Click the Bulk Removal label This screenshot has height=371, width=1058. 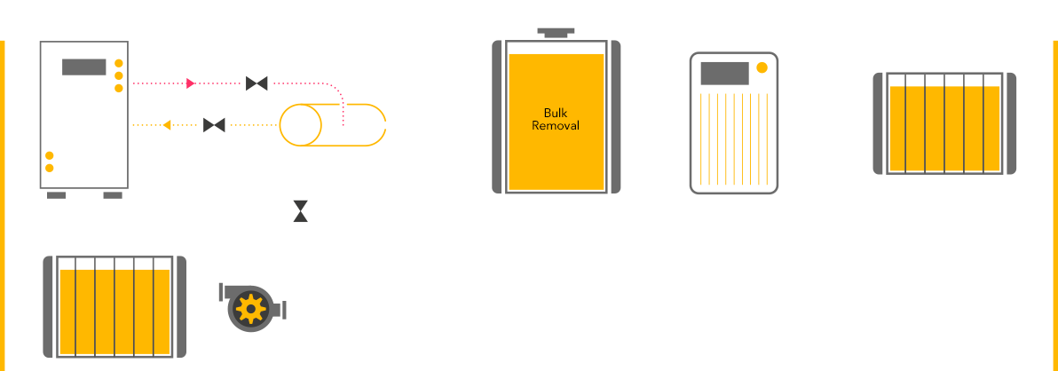pos(556,119)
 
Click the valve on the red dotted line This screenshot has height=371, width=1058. pos(257,84)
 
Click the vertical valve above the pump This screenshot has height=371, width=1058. pos(302,210)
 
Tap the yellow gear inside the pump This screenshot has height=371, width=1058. pos(251,309)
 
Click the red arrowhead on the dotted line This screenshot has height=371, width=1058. pos(191,84)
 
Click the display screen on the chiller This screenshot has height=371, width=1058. pos(84,67)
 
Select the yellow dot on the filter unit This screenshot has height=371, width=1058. pos(761,68)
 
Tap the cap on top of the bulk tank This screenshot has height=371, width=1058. pos(557,33)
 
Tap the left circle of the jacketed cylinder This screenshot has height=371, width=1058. pos(300,124)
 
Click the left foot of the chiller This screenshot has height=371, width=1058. pos(57,193)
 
